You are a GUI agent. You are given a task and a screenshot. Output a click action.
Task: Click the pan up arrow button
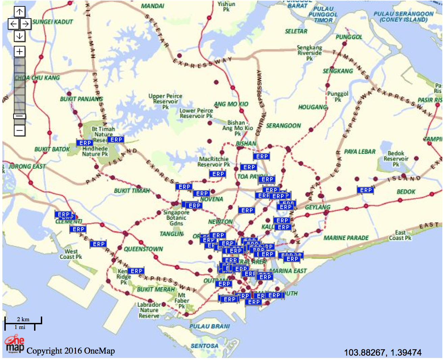20,12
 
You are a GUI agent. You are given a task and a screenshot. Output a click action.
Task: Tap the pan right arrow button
26,24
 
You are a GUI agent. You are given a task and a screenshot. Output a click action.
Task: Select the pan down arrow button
20,36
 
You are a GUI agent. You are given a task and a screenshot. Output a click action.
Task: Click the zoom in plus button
20,52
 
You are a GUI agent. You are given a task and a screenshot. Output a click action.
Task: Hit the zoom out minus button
20,130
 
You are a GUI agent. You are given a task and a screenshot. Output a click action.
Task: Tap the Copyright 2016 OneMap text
71,351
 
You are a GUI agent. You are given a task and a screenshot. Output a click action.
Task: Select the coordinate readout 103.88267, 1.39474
383,353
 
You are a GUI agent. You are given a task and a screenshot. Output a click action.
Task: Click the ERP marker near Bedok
366,190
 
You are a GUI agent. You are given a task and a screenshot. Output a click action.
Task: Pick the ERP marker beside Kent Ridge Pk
136,271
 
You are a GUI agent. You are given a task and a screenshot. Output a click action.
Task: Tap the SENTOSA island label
204,346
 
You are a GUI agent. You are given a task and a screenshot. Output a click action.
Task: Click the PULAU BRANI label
210,326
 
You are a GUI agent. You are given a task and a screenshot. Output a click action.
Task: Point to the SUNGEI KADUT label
53,22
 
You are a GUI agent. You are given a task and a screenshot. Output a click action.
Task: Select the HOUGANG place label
313,107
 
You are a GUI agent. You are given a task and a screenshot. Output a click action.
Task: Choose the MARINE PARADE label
346,238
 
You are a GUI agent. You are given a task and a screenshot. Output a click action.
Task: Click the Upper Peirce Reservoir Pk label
165,101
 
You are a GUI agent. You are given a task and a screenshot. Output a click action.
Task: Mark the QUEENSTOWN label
143,249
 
